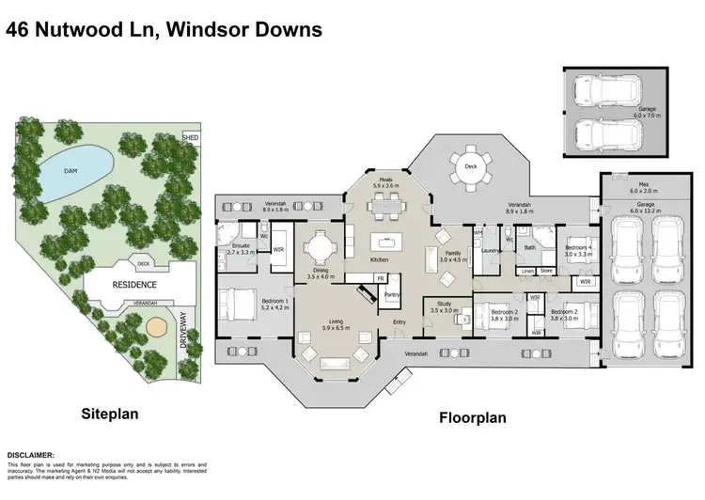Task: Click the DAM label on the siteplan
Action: [70, 171]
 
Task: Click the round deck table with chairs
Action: [467, 173]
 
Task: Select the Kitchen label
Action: [379, 259]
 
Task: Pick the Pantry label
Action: [392, 294]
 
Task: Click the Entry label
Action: [399, 322]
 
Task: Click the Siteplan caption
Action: [110, 412]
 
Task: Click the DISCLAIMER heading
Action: [38, 454]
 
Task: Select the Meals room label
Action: [386, 181]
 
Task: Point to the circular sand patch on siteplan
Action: [155, 326]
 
